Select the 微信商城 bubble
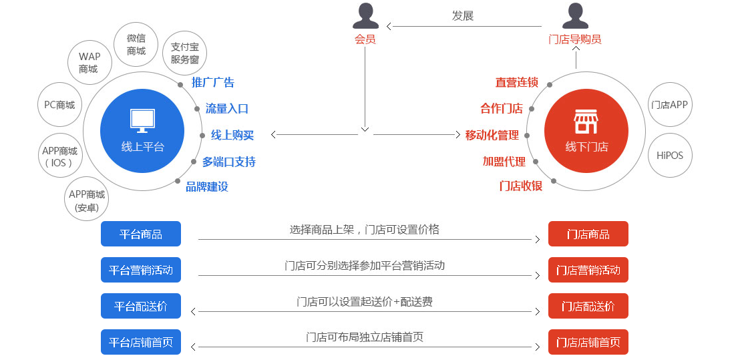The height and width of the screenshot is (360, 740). click(136, 45)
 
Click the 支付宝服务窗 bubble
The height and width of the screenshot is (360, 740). click(185, 53)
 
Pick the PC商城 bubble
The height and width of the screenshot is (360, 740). click(59, 105)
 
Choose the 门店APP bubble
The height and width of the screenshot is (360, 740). click(669, 105)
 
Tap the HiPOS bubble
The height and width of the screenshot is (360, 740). click(669, 155)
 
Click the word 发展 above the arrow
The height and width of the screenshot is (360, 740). click(462, 16)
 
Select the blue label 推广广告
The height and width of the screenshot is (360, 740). click(213, 83)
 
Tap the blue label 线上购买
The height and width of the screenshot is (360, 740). click(232, 135)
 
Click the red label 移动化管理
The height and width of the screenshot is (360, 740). click(492, 135)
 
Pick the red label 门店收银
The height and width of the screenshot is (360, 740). click(521, 186)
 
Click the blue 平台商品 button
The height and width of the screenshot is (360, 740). click(141, 234)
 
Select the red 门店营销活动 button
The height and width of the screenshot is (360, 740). click(588, 271)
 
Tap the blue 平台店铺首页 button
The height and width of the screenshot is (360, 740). click(141, 343)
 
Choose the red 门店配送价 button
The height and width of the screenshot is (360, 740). click(588, 307)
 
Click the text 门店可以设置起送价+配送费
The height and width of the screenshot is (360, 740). click(365, 302)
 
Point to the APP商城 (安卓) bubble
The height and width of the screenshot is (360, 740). click(87, 201)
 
